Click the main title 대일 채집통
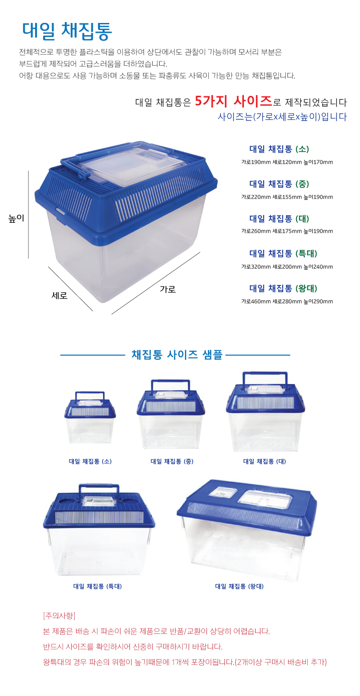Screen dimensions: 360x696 tap(67, 31)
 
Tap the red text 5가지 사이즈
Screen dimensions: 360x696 tap(233, 101)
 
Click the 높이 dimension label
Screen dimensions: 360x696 tap(16, 218)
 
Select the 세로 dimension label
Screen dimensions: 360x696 tap(59, 295)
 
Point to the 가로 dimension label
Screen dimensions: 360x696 tap(168, 289)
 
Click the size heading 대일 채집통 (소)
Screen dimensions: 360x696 tap(279, 149)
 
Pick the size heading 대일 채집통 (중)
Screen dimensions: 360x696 tap(279, 184)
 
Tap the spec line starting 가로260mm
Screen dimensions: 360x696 tap(287, 231)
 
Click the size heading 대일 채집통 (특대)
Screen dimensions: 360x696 tap(283, 253)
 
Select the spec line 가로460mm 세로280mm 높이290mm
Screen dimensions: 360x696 tap(287, 301)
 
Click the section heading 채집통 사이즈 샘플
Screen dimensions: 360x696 tap(177, 355)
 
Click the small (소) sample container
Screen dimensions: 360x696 tap(90, 418)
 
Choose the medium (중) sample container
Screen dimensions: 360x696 tap(171, 414)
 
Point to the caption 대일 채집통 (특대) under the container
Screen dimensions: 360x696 tap(98, 586)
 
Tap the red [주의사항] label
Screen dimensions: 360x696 tap(59, 615)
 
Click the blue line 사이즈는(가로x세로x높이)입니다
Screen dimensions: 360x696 tap(282, 117)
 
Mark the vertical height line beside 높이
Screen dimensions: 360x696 tap(29, 214)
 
